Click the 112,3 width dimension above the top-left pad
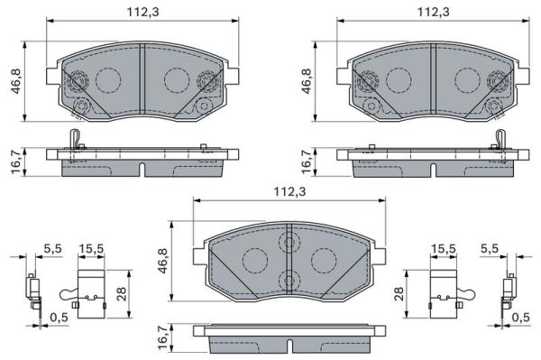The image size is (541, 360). (x=142, y=12)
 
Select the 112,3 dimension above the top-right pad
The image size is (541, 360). (x=434, y=12)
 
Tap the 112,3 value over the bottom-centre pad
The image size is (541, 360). (x=289, y=191)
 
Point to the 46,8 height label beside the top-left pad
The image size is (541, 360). (x=16, y=81)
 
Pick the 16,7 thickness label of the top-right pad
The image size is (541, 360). (x=307, y=162)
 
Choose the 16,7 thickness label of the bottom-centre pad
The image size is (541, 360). (x=162, y=337)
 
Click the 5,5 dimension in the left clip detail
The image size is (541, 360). (x=53, y=248)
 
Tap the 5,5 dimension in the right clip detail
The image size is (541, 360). (x=490, y=248)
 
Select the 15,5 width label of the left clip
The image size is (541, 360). (x=91, y=248)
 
